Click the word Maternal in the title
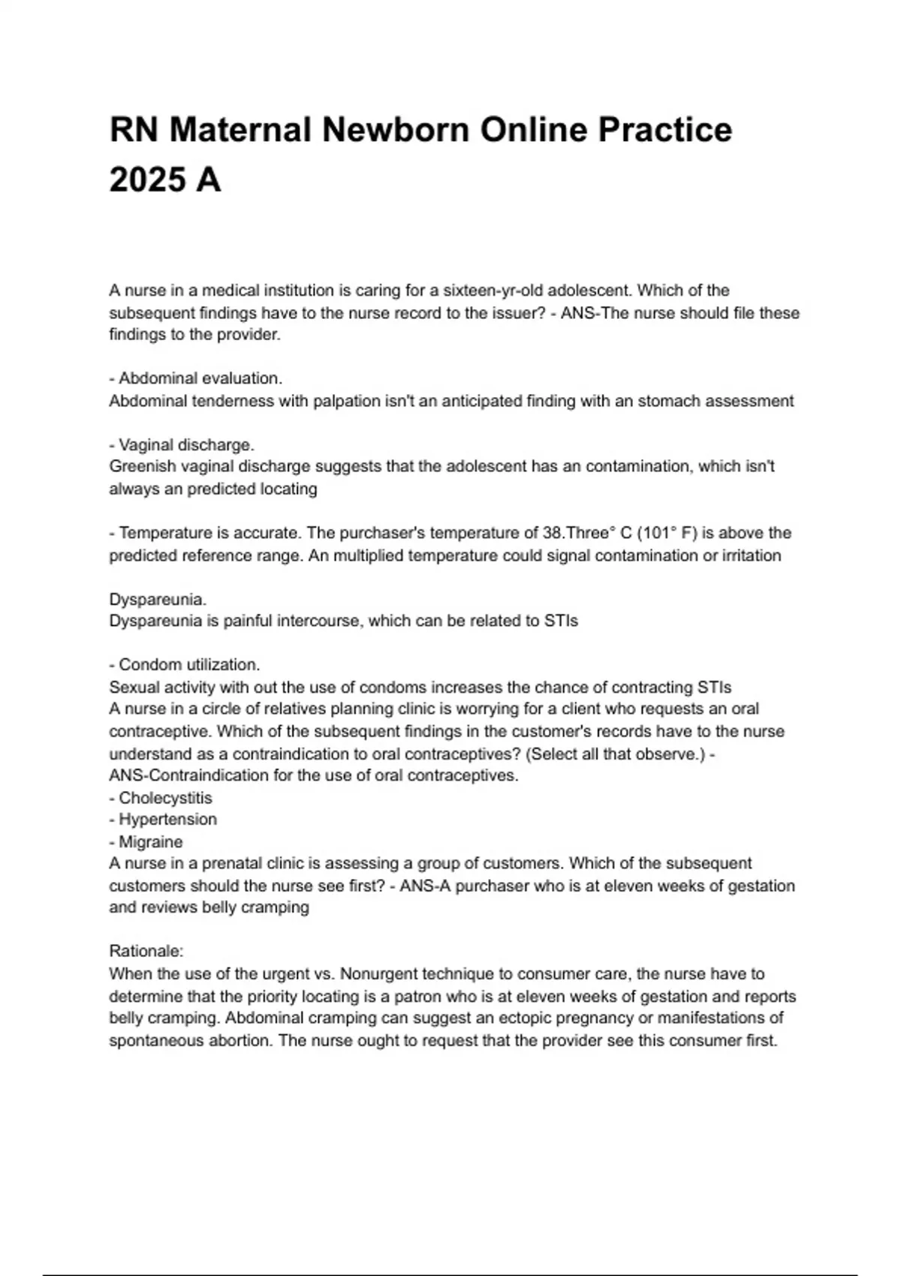[x=240, y=130]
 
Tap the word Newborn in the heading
[x=396, y=130]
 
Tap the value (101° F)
[x=667, y=533]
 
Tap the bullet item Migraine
[x=150, y=842]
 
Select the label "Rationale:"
[x=146, y=951]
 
